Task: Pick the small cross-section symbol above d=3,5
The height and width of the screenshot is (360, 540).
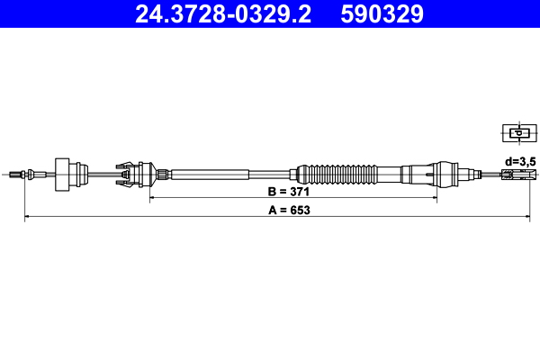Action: pos(517,134)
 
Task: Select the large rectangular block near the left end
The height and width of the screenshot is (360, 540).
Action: pos(65,172)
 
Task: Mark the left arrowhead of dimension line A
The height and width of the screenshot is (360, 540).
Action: pos(28,217)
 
